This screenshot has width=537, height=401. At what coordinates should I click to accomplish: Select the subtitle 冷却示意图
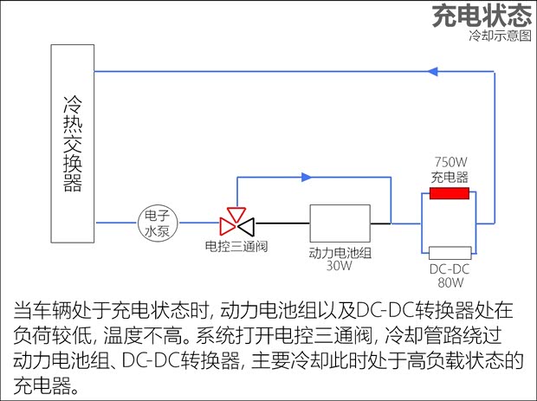click(499, 36)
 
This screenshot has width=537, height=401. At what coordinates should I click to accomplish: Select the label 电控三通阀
click(236, 247)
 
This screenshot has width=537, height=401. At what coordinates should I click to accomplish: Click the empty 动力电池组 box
click(340, 223)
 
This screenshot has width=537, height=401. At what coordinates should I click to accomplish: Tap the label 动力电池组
click(340, 253)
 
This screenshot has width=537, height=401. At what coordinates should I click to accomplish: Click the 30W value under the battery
click(340, 266)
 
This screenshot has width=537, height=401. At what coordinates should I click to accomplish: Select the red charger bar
click(449, 192)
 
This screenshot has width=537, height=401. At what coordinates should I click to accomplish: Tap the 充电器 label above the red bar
click(450, 177)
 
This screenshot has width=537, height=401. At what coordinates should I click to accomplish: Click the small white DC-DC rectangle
click(450, 252)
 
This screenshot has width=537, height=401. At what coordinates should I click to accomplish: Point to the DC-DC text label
click(450, 268)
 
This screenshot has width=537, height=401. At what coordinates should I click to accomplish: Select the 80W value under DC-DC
click(450, 281)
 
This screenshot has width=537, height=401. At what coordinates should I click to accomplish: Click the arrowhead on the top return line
click(434, 72)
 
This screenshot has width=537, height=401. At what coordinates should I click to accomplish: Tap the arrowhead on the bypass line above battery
click(307, 178)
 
